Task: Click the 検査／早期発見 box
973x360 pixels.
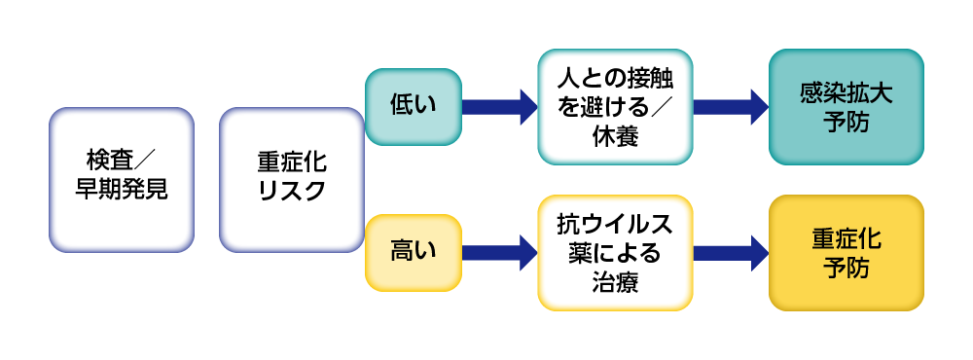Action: tap(122, 179)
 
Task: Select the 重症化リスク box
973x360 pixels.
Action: tap(292, 179)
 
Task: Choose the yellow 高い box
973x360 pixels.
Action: tap(413, 252)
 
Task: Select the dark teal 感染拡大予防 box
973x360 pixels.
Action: tap(846, 106)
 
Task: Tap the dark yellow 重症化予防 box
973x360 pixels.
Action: tap(846, 252)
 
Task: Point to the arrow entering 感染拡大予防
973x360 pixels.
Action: tap(731, 105)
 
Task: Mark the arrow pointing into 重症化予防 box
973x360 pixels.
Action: tap(731, 252)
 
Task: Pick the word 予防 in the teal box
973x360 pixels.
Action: tap(846, 124)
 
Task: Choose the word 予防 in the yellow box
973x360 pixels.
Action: tap(846, 269)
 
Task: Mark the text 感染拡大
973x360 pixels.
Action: tap(846, 91)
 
